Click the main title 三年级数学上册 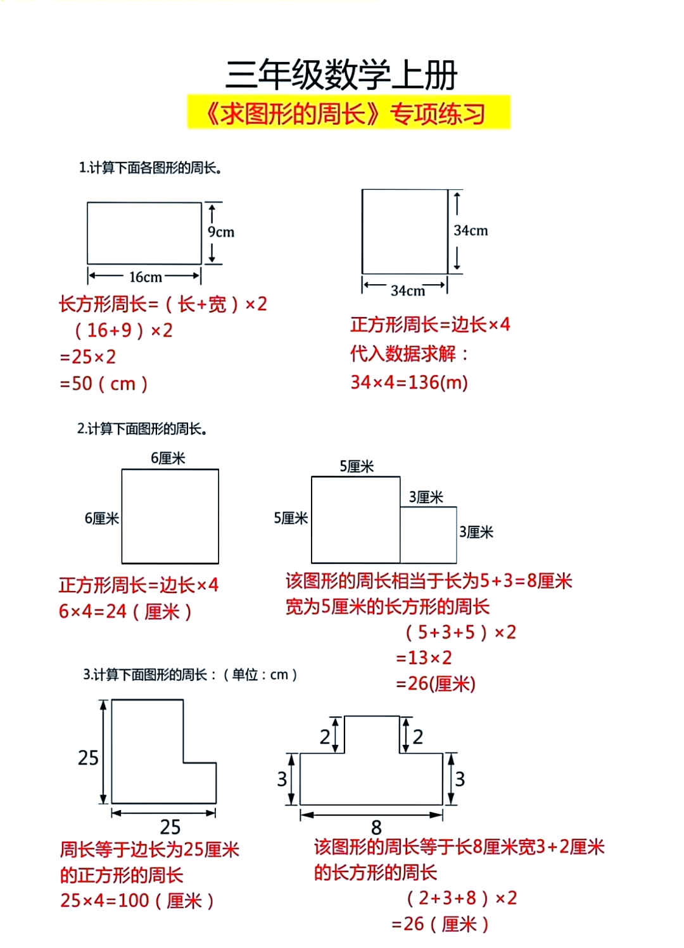(341, 75)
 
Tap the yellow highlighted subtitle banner (348, 113)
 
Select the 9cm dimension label (220, 232)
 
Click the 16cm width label (145, 277)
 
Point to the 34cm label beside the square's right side (471, 230)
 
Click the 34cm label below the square (407, 290)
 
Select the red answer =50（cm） (104, 384)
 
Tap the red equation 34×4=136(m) (409, 382)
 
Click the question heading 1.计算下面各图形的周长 (150, 168)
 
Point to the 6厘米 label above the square (168, 458)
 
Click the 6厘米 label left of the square (101, 518)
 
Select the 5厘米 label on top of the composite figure (357, 466)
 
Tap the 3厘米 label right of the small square (476, 532)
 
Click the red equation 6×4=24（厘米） (125, 611)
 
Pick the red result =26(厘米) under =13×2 (435, 684)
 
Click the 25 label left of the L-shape (88, 758)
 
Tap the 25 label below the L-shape (170, 826)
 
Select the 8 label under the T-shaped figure (376, 827)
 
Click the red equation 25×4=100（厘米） (137, 901)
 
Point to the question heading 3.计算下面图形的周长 (190, 675)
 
